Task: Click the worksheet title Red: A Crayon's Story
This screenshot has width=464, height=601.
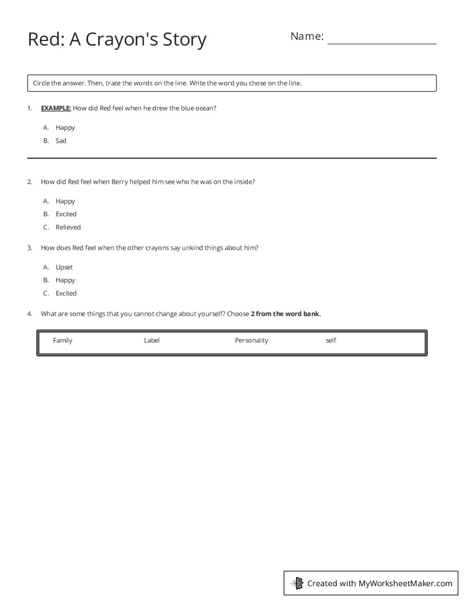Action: [x=117, y=40]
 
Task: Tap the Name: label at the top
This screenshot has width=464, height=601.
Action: [x=307, y=36]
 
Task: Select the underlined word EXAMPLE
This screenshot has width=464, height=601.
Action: [x=56, y=108]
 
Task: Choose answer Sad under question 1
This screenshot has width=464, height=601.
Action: [x=61, y=141]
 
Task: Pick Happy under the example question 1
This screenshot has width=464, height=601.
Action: [x=65, y=127]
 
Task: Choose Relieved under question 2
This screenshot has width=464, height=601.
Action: [x=68, y=227]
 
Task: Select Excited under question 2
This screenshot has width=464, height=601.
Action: [x=66, y=214]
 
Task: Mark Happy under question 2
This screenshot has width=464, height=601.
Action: [x=65, y=201]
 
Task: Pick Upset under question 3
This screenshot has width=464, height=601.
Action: [x=64, y=267]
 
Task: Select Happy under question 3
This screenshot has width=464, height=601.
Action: [x=65, y=280]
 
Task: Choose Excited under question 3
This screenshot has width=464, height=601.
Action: [x=66, y=293]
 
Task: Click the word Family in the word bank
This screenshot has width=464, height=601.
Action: [x=63, y=340]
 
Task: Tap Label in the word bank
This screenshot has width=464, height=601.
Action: [x=152, y=340]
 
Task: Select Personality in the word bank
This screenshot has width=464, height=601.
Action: [x=251, y=340]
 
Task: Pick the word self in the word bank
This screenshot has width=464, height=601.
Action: [x=331, y=340]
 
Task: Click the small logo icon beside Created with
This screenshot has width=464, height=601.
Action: [x=297, y=583]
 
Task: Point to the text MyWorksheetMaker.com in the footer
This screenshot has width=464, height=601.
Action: [x=405, y=583]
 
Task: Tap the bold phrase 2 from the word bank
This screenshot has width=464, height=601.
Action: [x=285, y=313]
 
